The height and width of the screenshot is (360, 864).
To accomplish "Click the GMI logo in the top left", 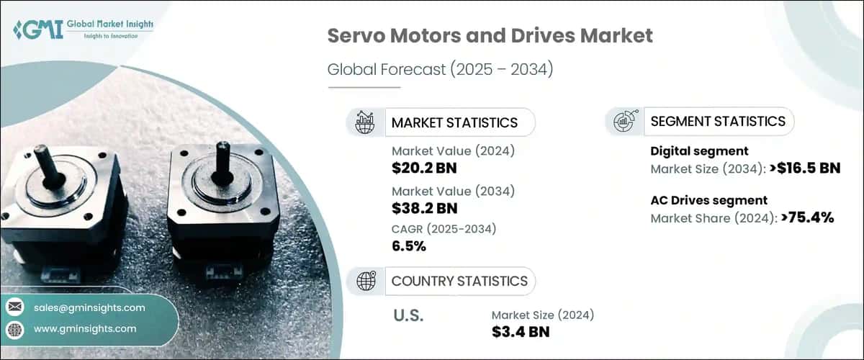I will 83,30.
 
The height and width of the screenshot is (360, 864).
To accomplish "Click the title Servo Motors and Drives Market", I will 490,36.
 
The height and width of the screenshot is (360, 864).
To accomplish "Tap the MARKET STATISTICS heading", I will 454,122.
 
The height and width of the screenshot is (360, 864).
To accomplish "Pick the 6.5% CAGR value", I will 409,246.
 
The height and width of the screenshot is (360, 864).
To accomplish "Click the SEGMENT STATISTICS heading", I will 717,122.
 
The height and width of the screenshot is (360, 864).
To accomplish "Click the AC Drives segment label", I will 708,200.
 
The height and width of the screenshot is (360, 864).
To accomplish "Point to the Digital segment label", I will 699,151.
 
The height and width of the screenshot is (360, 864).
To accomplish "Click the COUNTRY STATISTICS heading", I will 459,281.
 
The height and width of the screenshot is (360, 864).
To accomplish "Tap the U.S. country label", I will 409,315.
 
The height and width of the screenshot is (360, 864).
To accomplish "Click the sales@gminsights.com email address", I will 89,307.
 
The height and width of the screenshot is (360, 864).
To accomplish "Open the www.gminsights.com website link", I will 85,328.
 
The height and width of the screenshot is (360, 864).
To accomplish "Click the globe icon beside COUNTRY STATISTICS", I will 366,281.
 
